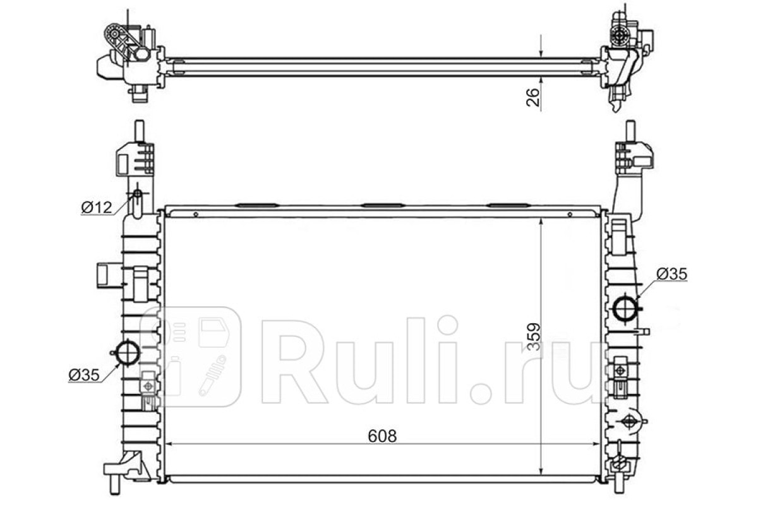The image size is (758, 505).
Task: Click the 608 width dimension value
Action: [x=382, y=436]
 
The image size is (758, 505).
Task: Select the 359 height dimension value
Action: [x=534, y=337]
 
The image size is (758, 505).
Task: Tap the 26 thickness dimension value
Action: [x=533, y=97]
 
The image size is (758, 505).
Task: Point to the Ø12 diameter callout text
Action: [x=97, y=207]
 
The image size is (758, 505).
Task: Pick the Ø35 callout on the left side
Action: [x=84, y=374]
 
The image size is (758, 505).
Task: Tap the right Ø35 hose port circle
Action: [x=625, y=308]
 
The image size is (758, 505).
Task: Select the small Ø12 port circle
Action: [x=138, y=193]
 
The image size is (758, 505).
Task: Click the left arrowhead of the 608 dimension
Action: [x=169, y=444]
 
